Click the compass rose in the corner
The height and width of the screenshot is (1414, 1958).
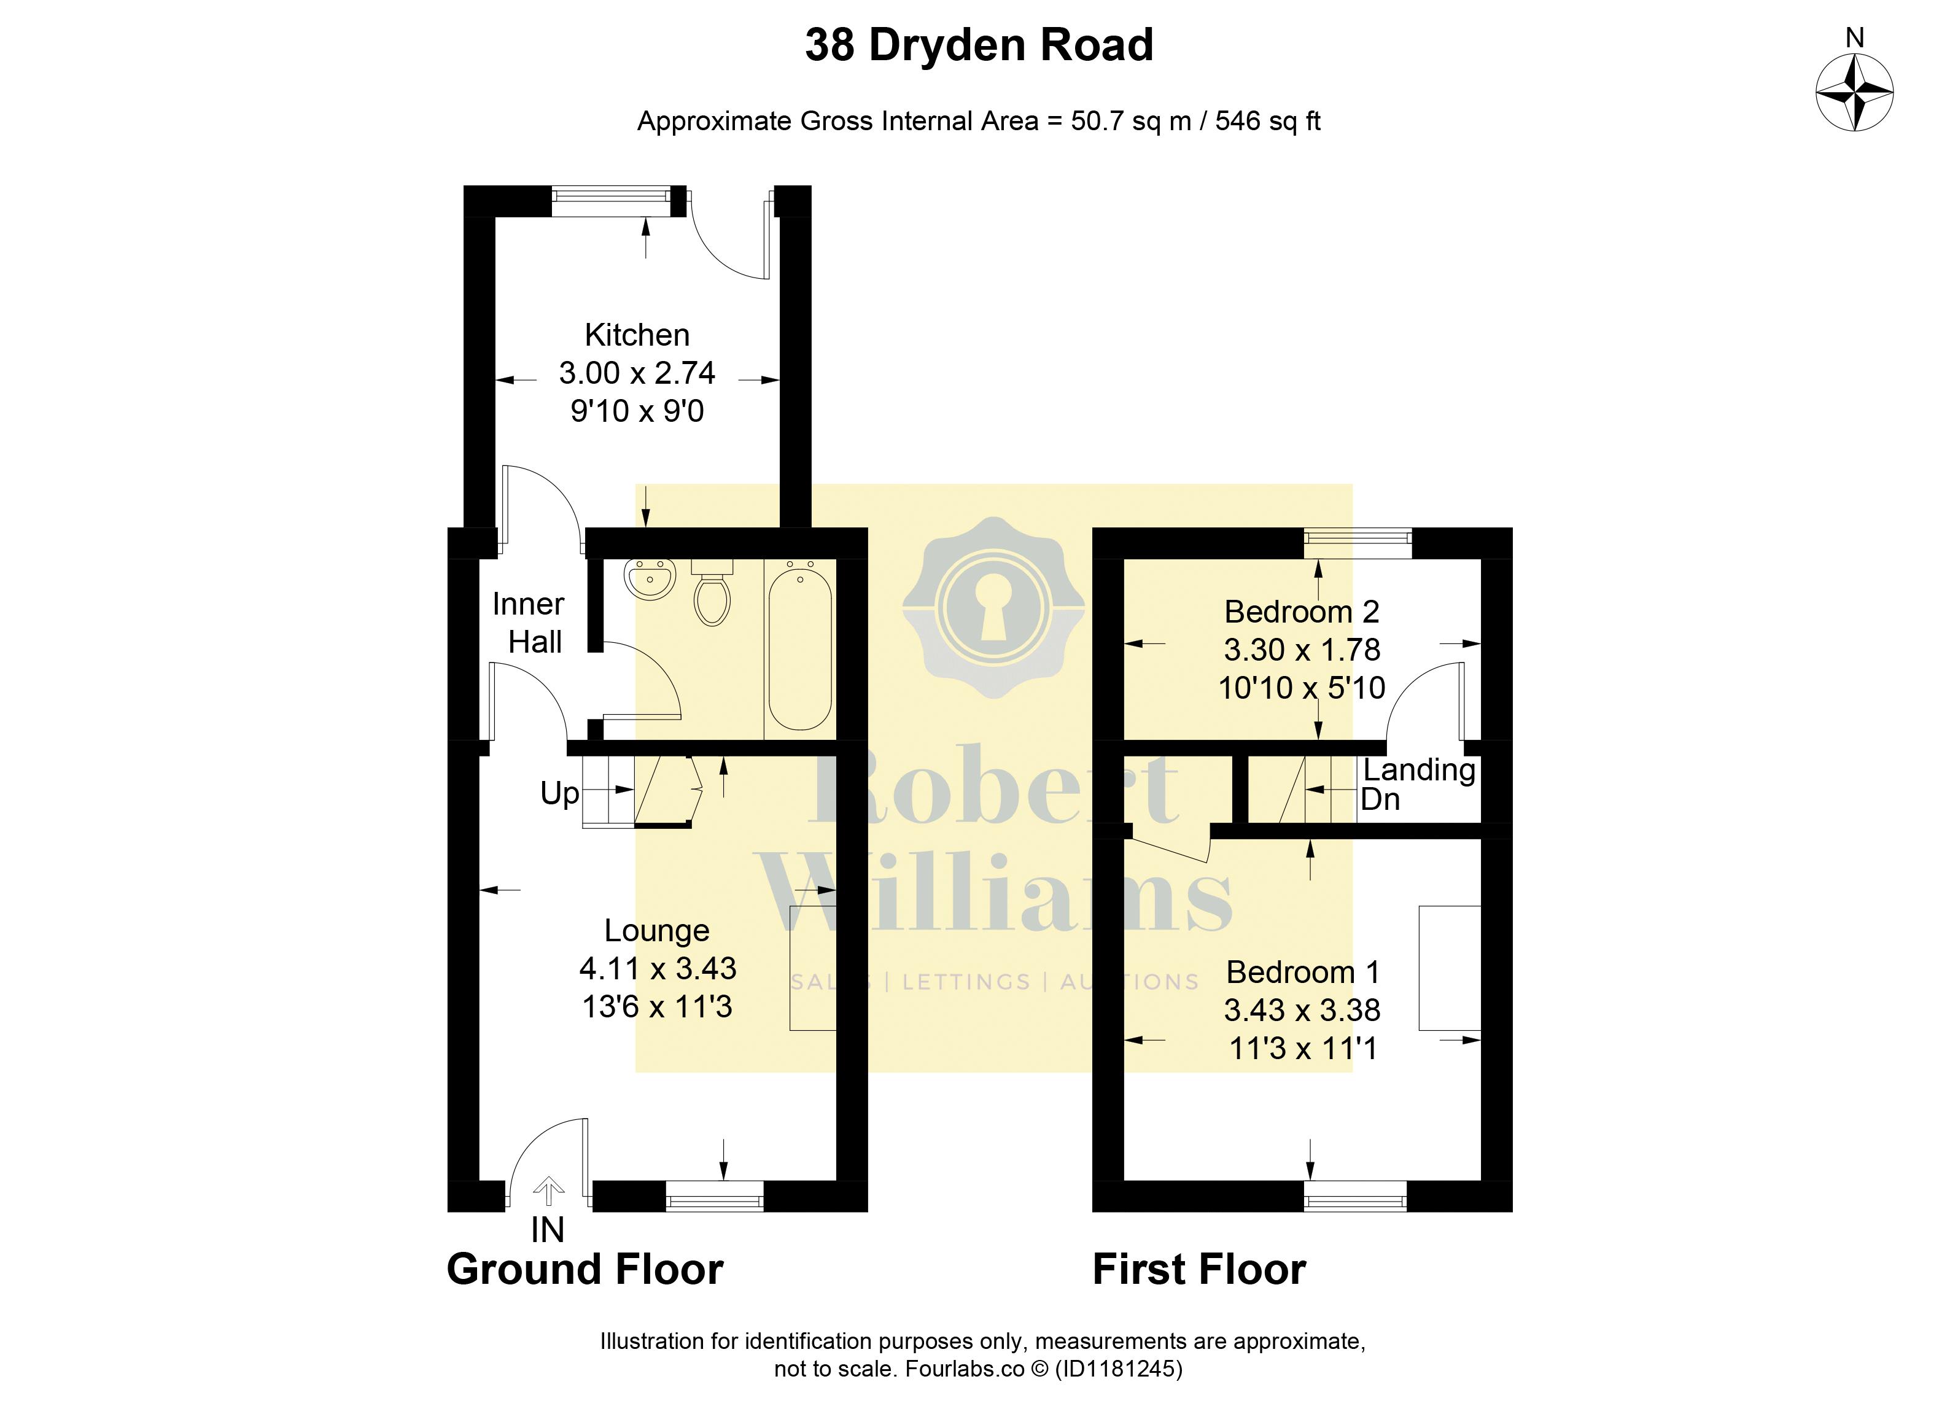[1854, 92]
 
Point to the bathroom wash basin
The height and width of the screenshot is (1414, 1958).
[650, 578]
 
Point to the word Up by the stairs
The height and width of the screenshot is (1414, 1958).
[559, 793]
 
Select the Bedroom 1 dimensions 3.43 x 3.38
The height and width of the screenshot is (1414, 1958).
[1302, 1009]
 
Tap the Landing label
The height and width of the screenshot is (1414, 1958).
[1418, 770]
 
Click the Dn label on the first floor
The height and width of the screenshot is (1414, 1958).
[1380, 799]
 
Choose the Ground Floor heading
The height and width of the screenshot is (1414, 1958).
[585, 1269]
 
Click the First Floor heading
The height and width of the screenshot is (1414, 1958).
[1199, 1269]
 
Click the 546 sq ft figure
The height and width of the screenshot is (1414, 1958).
[1268, 121]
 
